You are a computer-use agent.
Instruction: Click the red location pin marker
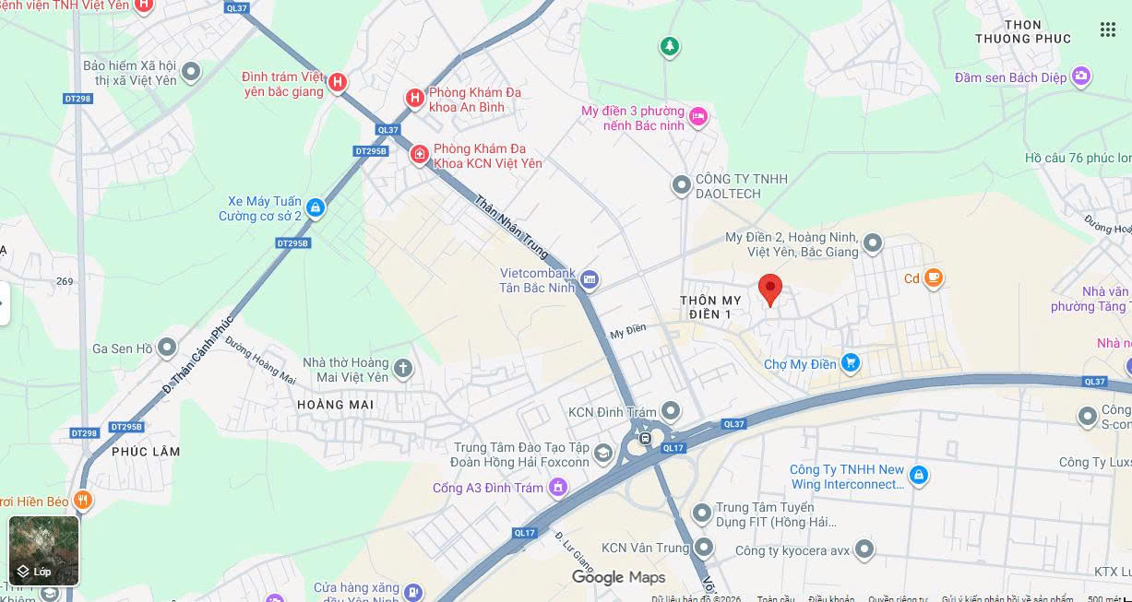tap(770, 289)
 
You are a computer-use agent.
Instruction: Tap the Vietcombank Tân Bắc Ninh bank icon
tap(590, 279)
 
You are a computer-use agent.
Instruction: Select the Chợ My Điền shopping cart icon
tap(851, 363)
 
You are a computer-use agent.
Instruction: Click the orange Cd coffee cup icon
tap(934, 277)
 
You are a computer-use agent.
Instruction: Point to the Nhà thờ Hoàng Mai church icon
tap(402, 369)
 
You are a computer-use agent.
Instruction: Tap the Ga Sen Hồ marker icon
tap(167, 348)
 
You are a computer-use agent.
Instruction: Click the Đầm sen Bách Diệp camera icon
tap(1080, 77)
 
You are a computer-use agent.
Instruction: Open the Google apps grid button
tap(1108, 30)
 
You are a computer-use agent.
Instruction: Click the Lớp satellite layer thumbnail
tap(43, 550)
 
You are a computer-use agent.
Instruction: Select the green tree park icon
tap(670, 45)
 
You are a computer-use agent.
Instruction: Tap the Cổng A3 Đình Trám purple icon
tap(557, 487)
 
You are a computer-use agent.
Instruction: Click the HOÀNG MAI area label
tap(335, 405)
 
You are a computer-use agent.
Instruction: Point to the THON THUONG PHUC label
tap(1023, 32)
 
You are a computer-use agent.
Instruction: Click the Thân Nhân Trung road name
tap(512, 226)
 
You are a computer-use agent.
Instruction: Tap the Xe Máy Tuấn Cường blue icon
tap(316, 207)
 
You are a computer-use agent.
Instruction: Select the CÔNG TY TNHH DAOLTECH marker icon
tap(682, 186)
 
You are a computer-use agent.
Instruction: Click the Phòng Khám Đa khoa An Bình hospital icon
tap(415, 98)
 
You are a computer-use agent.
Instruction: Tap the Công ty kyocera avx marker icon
tap(864, 550)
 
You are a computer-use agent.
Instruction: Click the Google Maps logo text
tap(618, 577)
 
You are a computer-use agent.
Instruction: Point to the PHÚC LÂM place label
tap(146, 452)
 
